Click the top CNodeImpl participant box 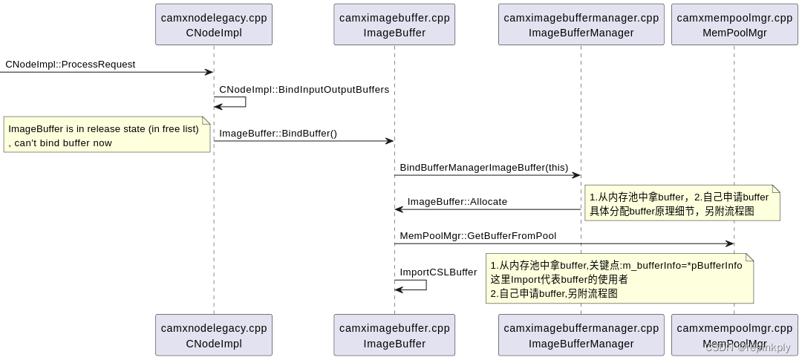214,24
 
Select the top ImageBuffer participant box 394,24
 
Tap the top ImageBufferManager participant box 581,24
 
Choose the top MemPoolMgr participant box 734,24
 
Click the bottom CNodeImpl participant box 214,335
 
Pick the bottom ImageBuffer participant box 394,335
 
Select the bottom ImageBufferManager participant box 581,335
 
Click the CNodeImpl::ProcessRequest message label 71,65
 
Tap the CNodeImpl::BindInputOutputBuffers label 304,90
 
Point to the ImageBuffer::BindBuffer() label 278,134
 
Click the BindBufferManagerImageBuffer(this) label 483,168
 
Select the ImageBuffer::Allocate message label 457,202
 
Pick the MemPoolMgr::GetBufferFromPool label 477,236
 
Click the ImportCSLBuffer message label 438,272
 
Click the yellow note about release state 107,135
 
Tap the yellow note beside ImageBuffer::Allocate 682,203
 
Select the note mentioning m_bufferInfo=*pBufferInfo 619,278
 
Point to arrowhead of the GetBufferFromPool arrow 730,243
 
